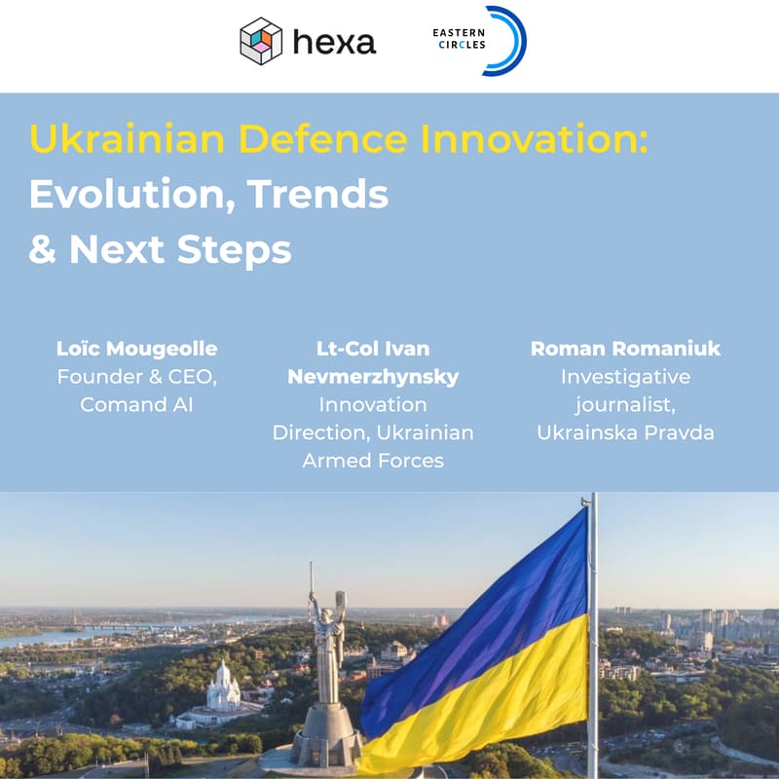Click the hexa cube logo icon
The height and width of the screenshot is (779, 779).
(260, 42)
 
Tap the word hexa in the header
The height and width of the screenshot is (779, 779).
(334, 43)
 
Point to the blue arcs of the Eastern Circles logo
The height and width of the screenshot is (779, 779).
(510, 40)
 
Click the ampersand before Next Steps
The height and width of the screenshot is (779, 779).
(42, 250)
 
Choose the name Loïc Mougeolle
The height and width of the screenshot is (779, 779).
(137, 349)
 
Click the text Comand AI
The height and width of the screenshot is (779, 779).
(137, 404)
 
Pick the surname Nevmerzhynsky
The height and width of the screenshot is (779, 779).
(373, 377)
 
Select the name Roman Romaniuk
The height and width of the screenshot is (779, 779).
(626, 349)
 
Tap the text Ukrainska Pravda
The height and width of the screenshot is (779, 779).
(626, 432)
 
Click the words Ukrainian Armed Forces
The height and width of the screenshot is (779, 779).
(373, 446)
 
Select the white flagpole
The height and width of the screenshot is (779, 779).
(592, 633)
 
